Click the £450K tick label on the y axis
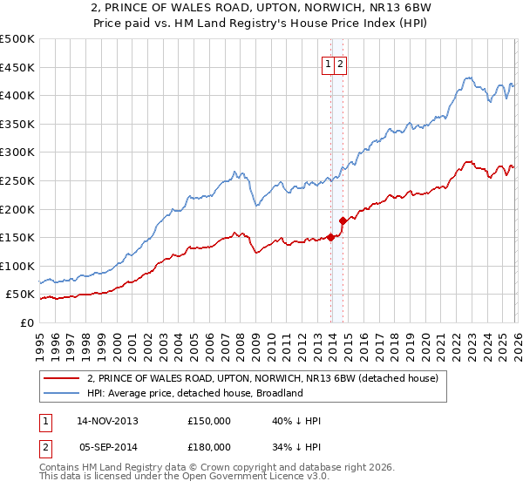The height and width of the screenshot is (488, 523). pyautogui.click(x=17, y=67)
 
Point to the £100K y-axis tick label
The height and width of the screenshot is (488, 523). pyautogui.click(x=17, y=266)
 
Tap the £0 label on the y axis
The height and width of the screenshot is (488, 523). pyautogui.click(x=25, y=322)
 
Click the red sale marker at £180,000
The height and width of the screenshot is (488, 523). pyautogui.click(x=343, y=220)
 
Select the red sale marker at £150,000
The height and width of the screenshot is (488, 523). pyautogui.click(x=331, y=237)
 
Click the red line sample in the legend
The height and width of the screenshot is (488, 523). pyautogui.click(x=61, y=378)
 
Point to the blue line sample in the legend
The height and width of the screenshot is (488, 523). pyautogui.click(x=61, y=393)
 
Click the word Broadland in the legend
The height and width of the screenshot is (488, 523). pyautogui.click(x=278, y=393)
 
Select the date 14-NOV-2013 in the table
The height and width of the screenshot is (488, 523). pyautogui.click(x=107, y=421)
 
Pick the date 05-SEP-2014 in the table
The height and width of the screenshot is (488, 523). pyautogui.click(x=107, y=447)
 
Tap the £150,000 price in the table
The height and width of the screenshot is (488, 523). pyautogui.click(x=209, y=421)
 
